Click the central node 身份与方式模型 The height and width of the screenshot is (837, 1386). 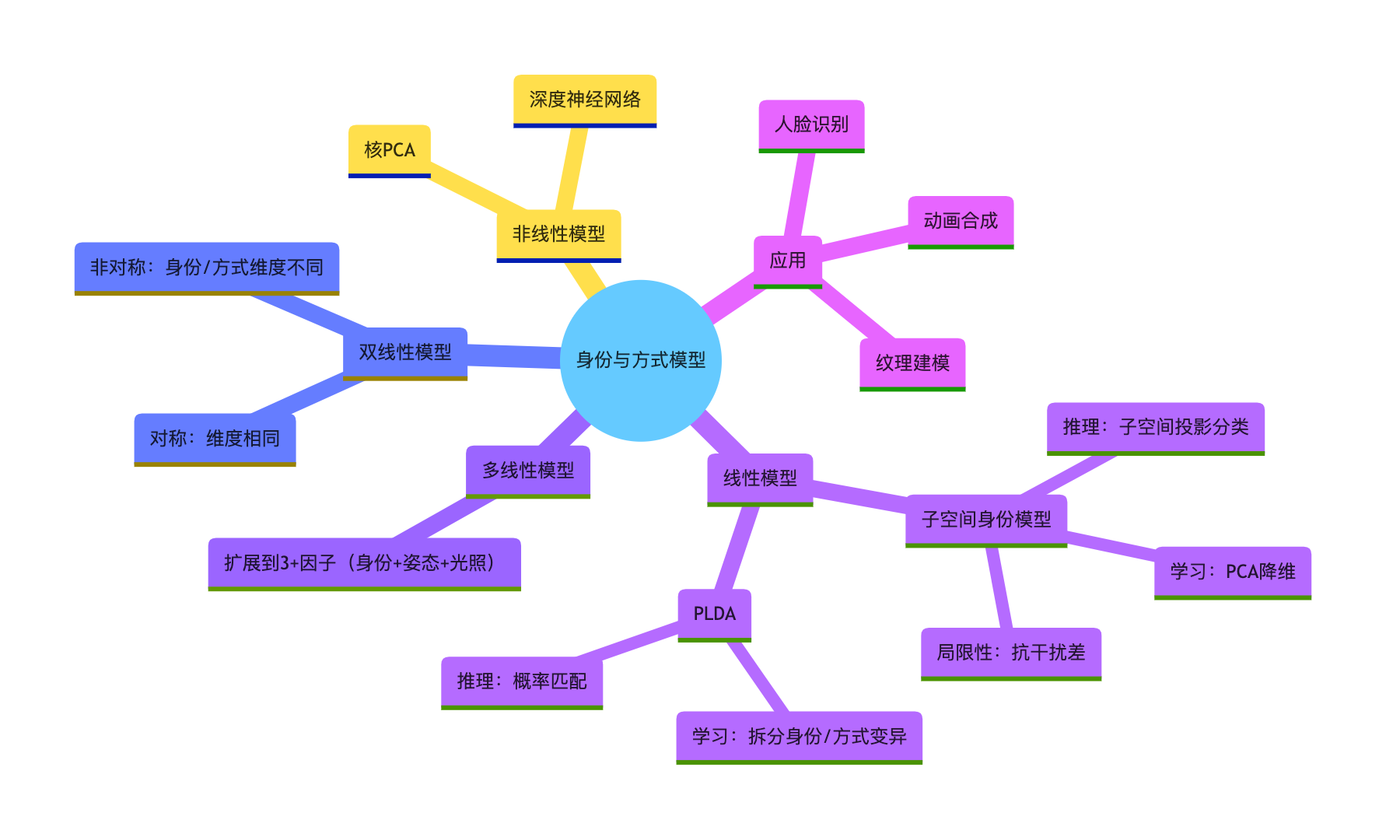click(640, 360)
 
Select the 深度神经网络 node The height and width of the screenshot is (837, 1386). click(585, 100)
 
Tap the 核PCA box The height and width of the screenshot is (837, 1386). click(389, 150)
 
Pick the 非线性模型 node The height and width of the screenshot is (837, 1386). click(558, 234)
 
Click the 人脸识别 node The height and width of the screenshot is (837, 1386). click(811, 124)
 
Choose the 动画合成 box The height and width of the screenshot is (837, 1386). click(961, 221)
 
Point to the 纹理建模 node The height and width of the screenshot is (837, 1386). click(912, 363)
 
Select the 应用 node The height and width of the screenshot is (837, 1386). click(787, 261)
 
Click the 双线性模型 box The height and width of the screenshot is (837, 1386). click(405, 352)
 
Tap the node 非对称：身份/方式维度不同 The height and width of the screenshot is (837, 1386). click(207, 268)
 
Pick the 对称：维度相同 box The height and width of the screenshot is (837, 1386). click(215, 439)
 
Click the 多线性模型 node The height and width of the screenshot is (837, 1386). click(528, 471)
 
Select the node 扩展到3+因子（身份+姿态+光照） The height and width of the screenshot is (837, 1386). click(364, 563)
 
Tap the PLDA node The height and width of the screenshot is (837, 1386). click(714, 614)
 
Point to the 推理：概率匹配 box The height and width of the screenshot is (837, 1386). click(522, 681)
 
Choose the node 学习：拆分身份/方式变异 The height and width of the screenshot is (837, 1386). click(799, 737)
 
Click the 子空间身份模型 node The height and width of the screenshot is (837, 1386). click(985, 520)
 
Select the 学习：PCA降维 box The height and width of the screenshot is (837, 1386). click(1232, 572)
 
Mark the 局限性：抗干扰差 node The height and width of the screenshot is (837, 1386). click(1010, 653)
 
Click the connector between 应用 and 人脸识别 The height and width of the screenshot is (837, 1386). click(800, 194)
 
